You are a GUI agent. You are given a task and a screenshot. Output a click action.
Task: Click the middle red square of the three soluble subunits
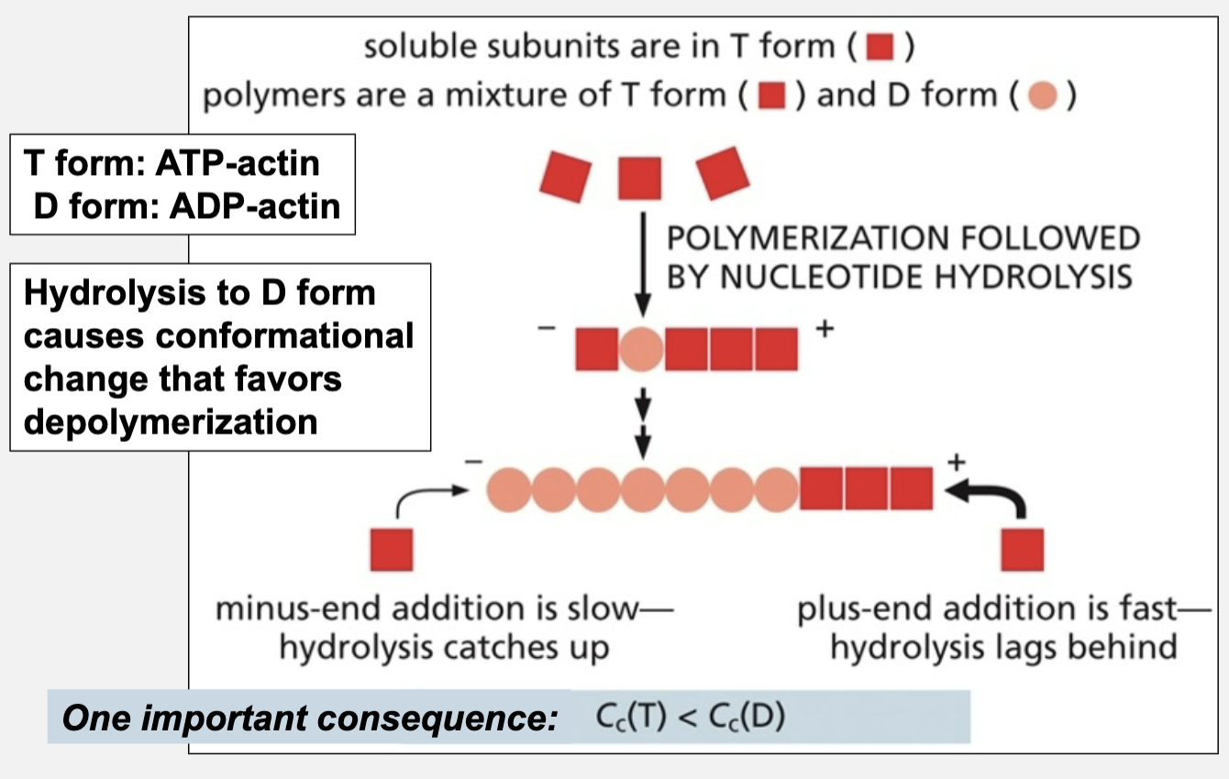coord(640,177)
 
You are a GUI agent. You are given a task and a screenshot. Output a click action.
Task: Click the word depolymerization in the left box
coord(171,422)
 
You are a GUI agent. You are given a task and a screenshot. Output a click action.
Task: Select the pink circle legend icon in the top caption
coord(1043,95)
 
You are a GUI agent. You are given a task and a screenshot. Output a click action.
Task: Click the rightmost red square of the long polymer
coord(911,488)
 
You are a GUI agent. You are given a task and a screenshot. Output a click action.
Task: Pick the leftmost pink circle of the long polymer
coord(509,488)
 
